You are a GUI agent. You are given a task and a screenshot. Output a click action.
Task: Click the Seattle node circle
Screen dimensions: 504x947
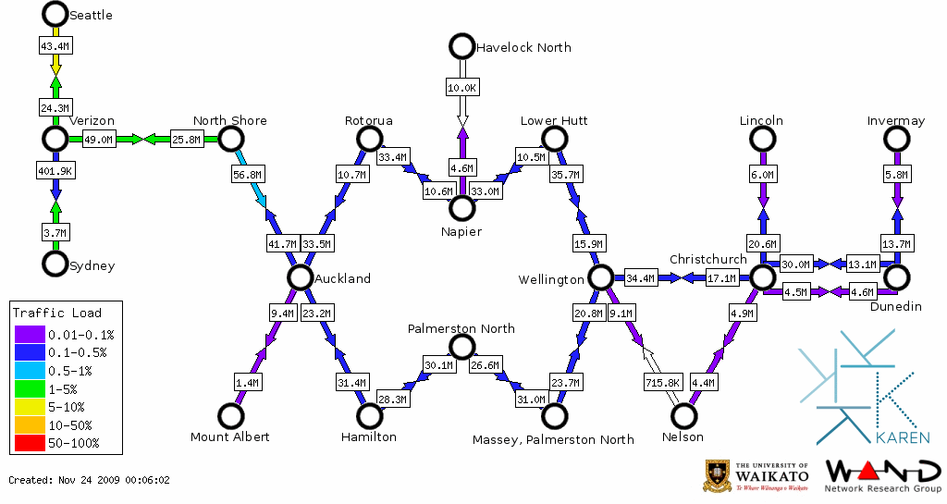pos(55,14)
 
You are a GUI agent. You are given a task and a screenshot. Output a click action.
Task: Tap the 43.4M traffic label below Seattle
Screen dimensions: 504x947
pos(55,44)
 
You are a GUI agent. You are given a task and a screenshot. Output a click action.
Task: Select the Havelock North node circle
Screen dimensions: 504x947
pos(461,45)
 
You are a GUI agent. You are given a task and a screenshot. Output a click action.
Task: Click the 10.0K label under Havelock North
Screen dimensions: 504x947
pos(461,87)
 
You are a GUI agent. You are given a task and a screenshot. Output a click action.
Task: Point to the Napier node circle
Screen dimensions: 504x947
pos(461,207)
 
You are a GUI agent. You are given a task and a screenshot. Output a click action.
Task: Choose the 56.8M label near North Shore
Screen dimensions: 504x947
pos(247,173)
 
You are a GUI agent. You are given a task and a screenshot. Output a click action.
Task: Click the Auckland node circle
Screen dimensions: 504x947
pos(300,277)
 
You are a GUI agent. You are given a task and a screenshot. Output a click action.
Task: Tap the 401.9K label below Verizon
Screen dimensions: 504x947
pos(55,171)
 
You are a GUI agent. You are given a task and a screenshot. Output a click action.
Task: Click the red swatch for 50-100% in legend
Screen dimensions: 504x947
pos(30,443)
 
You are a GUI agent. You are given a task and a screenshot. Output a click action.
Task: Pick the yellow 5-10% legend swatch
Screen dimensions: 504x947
pos(30,407)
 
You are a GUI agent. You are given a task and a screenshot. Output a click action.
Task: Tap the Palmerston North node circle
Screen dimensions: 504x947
pos(461,346)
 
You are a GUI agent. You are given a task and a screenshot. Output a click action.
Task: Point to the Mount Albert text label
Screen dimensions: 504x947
pos(229,436)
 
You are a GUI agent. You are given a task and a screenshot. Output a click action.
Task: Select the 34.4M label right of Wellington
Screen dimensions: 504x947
pos(639,277)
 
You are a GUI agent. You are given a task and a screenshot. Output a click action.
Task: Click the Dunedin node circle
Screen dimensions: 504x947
pos(896,277)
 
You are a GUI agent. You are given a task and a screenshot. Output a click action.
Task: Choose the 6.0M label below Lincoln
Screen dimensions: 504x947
pos(762,174)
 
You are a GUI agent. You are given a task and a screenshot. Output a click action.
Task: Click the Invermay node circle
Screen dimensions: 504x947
pos(896,139)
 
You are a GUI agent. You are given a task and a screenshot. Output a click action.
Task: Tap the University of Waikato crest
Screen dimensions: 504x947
pos(719,476)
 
